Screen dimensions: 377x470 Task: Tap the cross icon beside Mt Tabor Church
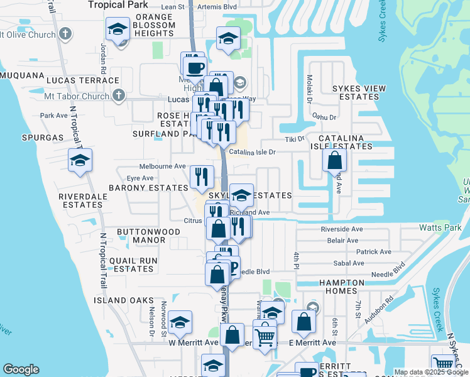click(117, 96)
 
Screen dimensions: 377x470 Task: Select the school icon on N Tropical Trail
click(80, 161)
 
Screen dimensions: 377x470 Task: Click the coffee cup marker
click(194, 65)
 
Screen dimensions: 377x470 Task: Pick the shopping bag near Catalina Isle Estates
click(334, 160)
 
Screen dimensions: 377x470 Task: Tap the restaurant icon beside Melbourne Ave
click(202, 177)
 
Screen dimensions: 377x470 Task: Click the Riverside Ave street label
click(342, 229)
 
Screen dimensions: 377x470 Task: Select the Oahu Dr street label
click(324, 117)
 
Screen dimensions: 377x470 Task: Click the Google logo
click(21, 369)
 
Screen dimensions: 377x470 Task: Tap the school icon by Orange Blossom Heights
click(117, 30)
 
